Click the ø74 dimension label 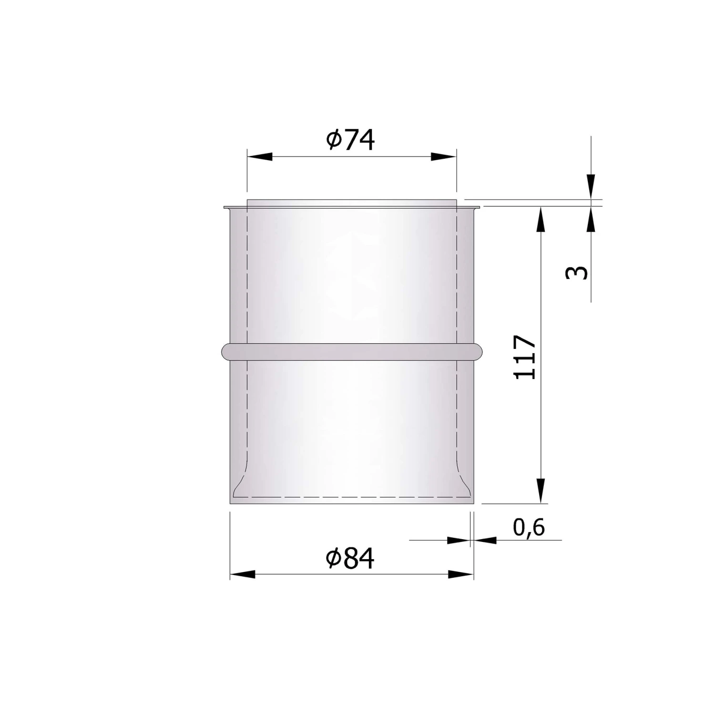[x=351, y=140]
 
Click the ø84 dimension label [x=351, y=558]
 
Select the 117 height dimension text [x=525, y=357]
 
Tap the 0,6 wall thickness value [x=529, y=527]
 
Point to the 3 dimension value [x=577, y=273]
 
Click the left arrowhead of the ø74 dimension [x=259, y=157]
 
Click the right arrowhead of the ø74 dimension [x=444, y=157]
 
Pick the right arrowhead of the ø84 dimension [x=461, y=574]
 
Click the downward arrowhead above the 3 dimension [x=591, y=186]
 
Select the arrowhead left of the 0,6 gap [x=458, y=540]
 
